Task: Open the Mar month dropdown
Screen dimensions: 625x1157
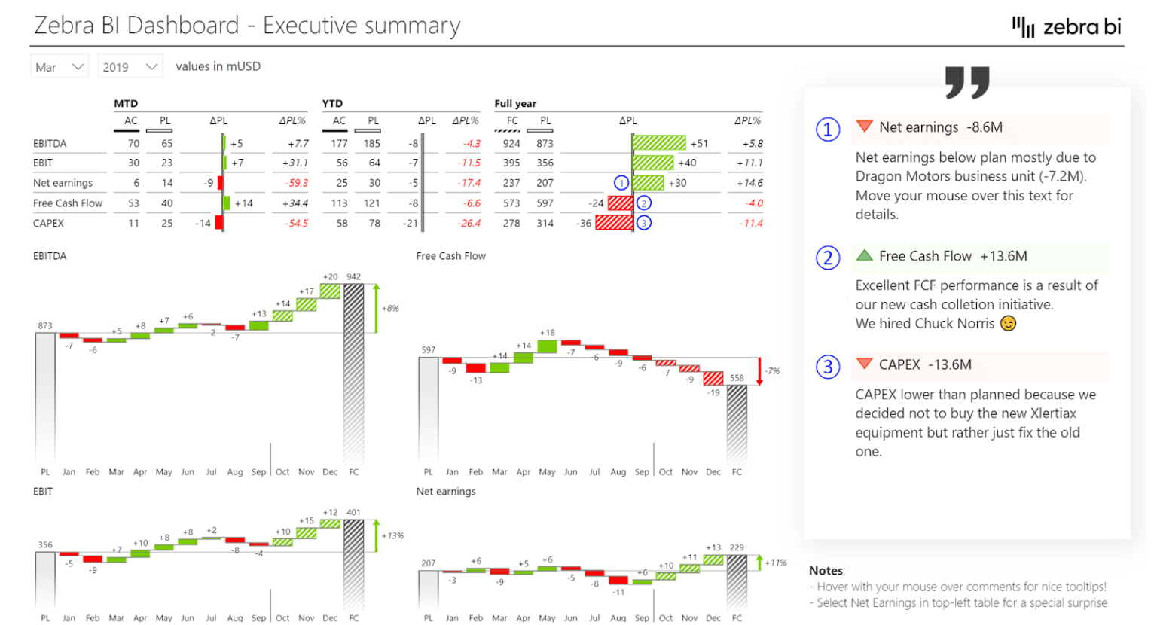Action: [x=60, y=67]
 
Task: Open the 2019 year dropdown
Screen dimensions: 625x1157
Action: [x=130, y=67]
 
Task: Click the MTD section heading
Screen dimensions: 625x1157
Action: [x=126, y=103]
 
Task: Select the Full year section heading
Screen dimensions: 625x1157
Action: [x=515, y=103]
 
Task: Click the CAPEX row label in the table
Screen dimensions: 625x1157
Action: [x=48, y=223]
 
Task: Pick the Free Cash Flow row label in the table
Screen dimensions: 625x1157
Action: [x=68, y=203]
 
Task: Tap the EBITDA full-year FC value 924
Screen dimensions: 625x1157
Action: [x=511, y=143]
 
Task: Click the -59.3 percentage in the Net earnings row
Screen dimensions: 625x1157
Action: [x=297, y=183]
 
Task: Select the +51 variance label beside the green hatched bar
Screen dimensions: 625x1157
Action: [x=699, y=143]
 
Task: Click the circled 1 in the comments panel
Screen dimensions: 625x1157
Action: [x=828, y=130]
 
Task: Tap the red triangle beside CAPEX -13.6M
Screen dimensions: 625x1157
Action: [x=864, y=364]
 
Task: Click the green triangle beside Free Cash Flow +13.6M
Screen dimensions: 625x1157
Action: [x=864, y=255]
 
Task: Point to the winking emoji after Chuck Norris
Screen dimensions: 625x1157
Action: [x=1008, y=323]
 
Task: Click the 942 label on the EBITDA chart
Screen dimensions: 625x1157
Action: [x=353, y=276]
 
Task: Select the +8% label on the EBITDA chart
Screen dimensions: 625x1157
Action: [x=390, y=308]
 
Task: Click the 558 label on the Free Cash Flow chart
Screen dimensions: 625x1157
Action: [x=737, y=378]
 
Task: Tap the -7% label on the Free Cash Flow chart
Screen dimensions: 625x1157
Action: [x=772, y=371]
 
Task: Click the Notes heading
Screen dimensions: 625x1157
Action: [x=826, y=571]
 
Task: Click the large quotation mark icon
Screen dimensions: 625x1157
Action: [x=967, y=82]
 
